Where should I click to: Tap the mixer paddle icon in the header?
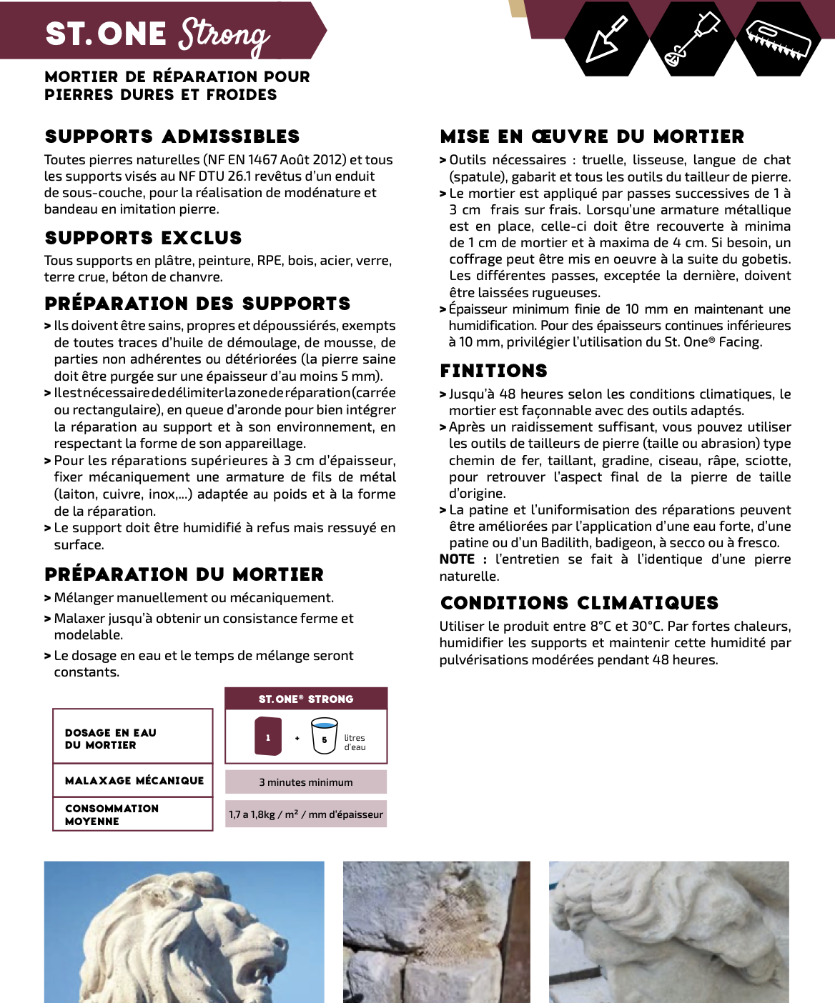(691, 39)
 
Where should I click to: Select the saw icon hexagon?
(778, 39)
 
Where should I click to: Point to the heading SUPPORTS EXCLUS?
(143, 238)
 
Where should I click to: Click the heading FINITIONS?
(493, 371)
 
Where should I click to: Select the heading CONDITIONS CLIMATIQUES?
(579, 603)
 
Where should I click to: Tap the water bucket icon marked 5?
(324, 737)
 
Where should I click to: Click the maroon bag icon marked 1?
(268, 737)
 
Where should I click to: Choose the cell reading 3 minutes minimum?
(306, 782)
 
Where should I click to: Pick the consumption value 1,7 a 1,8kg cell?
(306, 814)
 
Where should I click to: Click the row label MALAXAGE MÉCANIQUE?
(134, 781)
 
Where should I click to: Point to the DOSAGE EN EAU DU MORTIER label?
(110, 739)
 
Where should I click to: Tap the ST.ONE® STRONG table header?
(306, 699)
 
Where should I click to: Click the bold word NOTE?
(458, 559)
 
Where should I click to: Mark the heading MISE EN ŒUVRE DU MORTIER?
(592, 136)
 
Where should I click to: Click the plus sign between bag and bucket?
(297, 738)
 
